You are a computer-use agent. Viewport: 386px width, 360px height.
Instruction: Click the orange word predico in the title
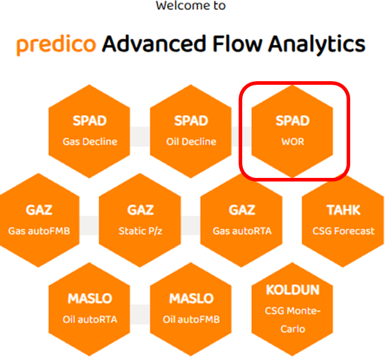[55, 44]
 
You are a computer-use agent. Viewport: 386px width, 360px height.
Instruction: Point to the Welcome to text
[190, 6]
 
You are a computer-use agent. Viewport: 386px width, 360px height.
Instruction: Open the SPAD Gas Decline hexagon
[89, 131]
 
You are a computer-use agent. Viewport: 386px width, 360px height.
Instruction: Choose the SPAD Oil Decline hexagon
[191, 131]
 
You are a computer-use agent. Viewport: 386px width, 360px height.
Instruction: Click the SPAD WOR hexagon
[292, 131]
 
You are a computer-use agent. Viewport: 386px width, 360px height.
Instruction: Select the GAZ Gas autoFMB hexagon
[39, 220]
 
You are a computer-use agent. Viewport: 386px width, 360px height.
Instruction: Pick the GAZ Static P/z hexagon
[140, 220]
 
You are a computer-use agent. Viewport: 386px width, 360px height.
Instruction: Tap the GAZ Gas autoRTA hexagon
[242, 220]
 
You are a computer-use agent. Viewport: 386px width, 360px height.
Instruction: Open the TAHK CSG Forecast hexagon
[343, 220]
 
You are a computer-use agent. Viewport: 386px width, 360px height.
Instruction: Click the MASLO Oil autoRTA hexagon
[89, 308]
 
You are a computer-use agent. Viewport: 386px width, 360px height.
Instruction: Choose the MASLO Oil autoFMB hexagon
[191, 308]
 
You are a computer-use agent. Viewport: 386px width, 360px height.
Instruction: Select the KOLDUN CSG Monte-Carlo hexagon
[292, 308]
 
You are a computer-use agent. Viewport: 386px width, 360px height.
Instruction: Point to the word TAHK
[343, 210]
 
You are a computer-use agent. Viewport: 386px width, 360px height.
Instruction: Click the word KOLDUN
[292, 291]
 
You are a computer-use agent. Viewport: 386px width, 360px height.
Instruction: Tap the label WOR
[292, 142]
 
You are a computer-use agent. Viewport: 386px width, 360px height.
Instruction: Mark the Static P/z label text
[140, 231]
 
